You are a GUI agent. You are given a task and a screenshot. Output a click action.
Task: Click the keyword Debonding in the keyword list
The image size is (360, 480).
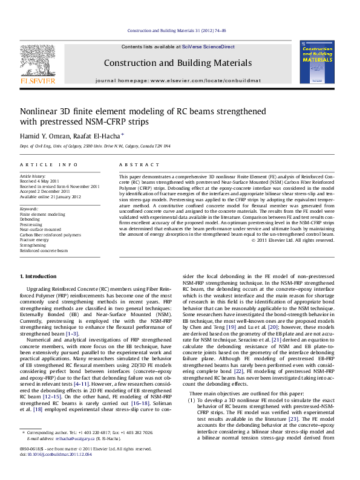[30, 219]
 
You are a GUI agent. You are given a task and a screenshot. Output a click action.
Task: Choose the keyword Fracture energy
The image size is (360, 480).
[35, 239]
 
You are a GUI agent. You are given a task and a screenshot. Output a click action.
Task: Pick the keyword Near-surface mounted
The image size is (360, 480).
[41, 230]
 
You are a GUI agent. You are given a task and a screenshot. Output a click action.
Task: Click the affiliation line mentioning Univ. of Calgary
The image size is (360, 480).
[95, 146]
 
